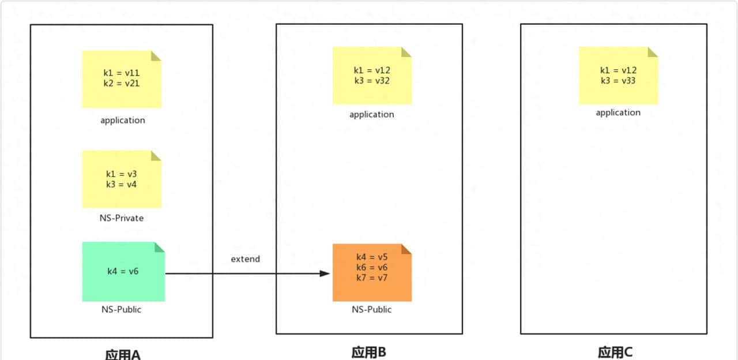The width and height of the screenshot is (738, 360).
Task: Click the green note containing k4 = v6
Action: coord(123,272)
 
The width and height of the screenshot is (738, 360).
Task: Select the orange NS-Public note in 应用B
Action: coord(372,272)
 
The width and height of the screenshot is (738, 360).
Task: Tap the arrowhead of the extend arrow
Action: coord(324,273)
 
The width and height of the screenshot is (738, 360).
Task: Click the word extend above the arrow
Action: coord(246,259)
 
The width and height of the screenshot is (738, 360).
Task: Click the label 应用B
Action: coord(368,352)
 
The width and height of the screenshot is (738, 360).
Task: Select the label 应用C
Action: coord(615,352)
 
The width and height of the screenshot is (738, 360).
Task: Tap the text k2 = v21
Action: coord(122,83)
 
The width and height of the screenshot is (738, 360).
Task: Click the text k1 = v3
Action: coord(122,174)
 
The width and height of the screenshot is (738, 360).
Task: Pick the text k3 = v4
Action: coord(122,185)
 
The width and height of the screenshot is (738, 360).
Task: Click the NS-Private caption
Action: coord(122,218)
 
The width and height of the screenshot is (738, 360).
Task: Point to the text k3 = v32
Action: coord(372,81)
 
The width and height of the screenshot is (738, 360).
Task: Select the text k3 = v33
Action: coord(618,81)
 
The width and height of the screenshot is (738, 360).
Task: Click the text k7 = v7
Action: coord(372,278)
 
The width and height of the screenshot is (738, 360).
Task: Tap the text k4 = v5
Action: coord(372,257)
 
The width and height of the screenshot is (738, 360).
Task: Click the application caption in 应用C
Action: coord(618,112)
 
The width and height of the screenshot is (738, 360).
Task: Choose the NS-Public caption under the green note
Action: coord(122,309)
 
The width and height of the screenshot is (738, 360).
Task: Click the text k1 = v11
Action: coord(122,73)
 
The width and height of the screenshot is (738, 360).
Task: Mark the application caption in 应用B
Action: coord(372,114)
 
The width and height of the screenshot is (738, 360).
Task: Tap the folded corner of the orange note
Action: coord(406,249)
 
